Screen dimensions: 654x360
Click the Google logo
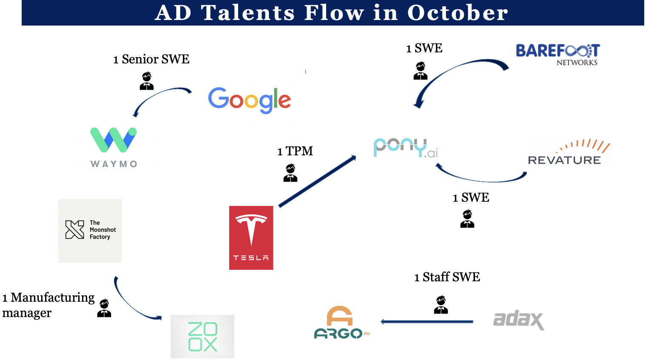[249, 100]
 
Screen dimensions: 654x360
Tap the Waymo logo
[114, 147]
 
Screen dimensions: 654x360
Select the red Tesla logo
[251, 237]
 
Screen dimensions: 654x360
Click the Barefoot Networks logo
[557, 54]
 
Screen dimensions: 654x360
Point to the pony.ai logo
[406, 148]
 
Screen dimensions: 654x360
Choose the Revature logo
[569, 152]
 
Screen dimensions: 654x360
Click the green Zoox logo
[202, 336]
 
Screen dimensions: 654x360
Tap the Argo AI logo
[342, 323]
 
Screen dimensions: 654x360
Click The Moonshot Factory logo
[90, 231]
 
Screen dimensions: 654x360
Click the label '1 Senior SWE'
[151, 59]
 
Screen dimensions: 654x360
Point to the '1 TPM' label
[295, 151]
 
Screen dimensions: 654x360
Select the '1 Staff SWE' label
[447, 277]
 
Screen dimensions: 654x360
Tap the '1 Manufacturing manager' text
[48, 305]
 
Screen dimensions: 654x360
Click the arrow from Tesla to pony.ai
[317, 181]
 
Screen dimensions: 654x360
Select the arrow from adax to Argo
[427, 322]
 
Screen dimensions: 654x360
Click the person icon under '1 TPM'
[290, 173]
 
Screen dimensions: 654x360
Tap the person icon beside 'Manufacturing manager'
[104, 308]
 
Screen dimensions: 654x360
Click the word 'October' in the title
[458, 13]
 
